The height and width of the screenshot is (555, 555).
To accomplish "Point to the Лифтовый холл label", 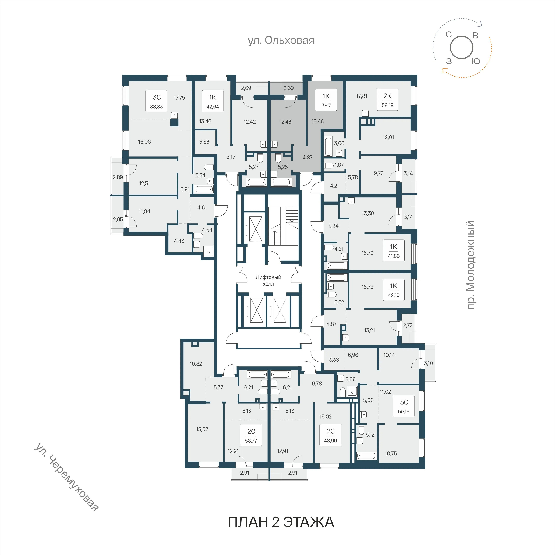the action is pos(268,280).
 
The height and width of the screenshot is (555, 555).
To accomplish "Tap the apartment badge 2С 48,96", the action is pos(330,435).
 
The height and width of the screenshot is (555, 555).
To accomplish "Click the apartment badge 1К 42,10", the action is pos(394,290).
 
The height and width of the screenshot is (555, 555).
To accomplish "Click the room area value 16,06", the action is pos(144,142).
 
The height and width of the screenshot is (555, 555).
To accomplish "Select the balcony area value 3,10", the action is pos(428,363).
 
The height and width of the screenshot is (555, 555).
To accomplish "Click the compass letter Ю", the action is pos(476,61).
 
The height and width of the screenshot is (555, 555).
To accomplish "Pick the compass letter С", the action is pos(449,35).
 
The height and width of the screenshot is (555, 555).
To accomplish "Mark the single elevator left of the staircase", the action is pos(256,229).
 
